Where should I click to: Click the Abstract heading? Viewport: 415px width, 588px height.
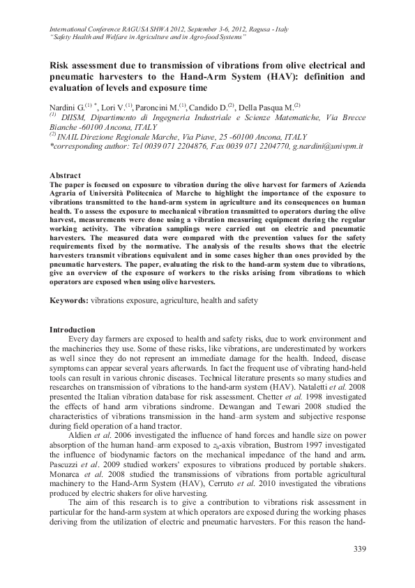[x=66, y=175]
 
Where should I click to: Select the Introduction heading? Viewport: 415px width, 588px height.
[x=73, y=329]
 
